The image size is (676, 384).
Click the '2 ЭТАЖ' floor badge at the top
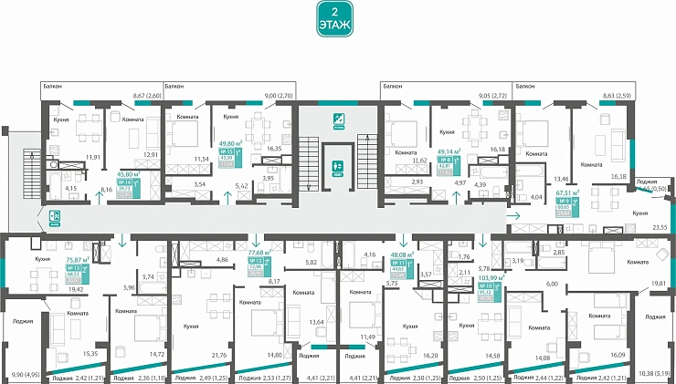pos(337,19)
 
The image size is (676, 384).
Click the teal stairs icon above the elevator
pos(338,119)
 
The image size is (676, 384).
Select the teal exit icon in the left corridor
pos(55,216)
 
